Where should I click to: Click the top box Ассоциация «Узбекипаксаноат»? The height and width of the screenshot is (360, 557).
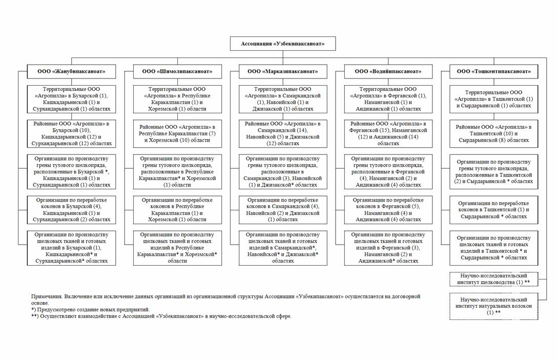pyautogui.click(x=283, y=44)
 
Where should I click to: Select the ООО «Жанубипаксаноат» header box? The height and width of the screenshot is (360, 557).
pyautogui.click(x=71, y=71)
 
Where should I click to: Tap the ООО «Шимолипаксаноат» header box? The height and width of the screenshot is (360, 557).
pyautogui.click(x=177, y=71)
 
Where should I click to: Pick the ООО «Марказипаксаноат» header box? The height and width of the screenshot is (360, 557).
pyautogui.click(x=282, y=71)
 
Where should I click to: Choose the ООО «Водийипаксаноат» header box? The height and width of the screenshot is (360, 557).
pyautogui.click(x=388, y=71)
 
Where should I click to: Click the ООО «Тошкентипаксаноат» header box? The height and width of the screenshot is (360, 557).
pyautogui.click(x=493, y=71)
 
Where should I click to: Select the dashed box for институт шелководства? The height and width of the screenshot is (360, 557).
pyautogui.click(x=493, y=279)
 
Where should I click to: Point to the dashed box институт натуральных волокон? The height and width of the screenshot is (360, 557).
pyautogui.click(x=493, y=306)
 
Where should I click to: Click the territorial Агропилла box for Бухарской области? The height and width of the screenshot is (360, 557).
pyautogui.click(x=71, y=99)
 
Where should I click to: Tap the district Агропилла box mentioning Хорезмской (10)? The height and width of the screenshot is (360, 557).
pyautogui.click(x=177, y=133)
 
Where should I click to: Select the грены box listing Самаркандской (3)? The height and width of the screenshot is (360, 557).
pyautogui.click(x=282, y=172)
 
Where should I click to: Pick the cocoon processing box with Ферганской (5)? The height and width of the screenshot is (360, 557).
pyautogui.click(x=388, y=209)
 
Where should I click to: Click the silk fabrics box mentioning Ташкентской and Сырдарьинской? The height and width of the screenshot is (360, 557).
pyautogui.click(x=493, y=248)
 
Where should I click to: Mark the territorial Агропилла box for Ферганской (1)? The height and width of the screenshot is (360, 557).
pyautogui.click(x=388, y=99)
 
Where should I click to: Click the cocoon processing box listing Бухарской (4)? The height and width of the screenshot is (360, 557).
pyautogui.click(x=71, y=209)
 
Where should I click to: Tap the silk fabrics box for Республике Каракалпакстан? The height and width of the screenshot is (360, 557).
pyautogui.click(x=177, y=248)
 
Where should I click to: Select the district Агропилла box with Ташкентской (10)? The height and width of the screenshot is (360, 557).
pyautogui.click(x=493, y=133)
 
